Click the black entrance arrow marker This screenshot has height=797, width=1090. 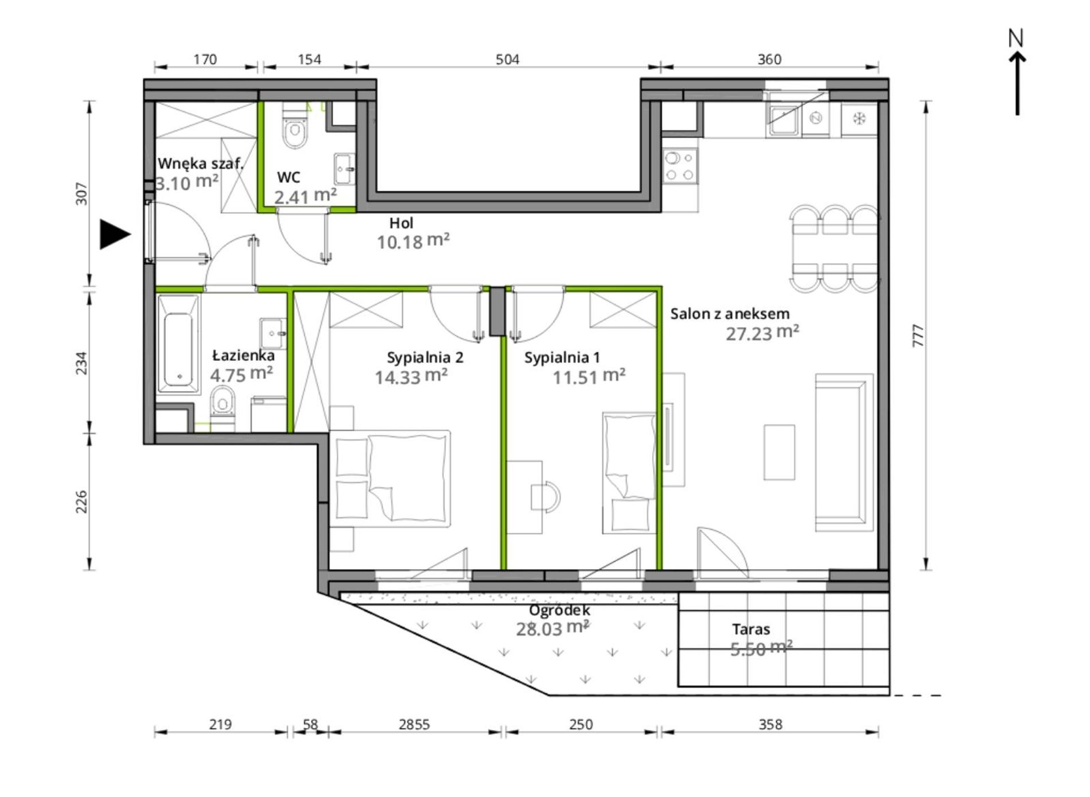pos(114,234)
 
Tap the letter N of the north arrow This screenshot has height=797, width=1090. pos(1016,38)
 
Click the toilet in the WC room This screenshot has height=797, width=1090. pos(295,127)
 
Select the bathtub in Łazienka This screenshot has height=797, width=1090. pos(178,345)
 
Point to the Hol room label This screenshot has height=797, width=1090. pos(401,223)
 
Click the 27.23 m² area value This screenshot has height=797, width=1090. pos(762,333)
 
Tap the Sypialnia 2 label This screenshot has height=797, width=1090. pos(425,357)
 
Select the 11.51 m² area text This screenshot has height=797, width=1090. pos(589,376)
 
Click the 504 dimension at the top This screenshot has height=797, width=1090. pos(507,60)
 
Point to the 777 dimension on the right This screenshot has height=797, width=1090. pos(918,336)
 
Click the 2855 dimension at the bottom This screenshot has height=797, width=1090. pos(414,725)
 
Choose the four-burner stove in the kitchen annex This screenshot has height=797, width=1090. pos(680,165)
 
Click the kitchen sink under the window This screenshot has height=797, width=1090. pos(784,120)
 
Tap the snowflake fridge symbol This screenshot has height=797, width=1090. pos(859,119)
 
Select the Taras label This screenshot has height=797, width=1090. pos(751,629)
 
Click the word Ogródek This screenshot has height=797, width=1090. pos(559,611)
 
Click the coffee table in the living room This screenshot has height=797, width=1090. pos(779,452)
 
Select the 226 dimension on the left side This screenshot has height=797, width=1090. pos(82,501)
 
